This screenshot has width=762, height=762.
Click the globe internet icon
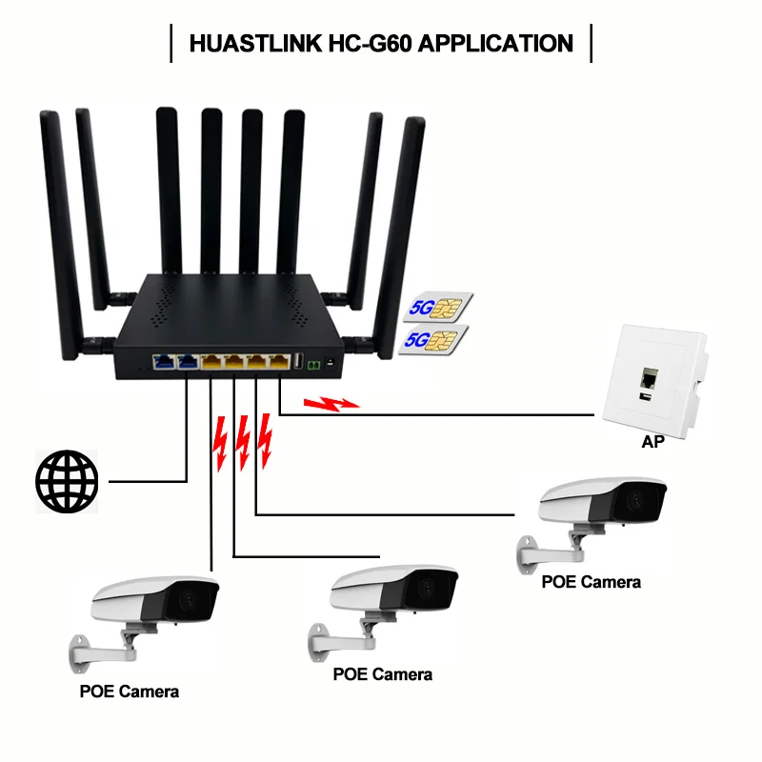(67, 481)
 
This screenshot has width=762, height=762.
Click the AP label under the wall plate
(652, 443)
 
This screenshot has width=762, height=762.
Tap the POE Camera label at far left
(129, 692)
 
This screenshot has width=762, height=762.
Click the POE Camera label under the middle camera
(382, 674)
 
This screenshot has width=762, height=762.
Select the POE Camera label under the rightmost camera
(591, 581)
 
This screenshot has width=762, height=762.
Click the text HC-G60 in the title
(368, 44)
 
